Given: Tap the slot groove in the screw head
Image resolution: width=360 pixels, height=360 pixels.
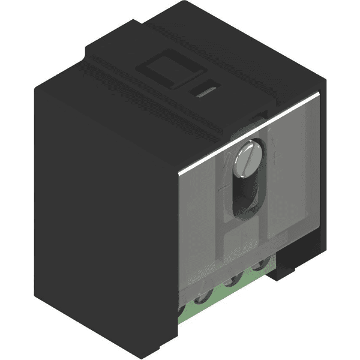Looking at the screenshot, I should click(x=247, y=157).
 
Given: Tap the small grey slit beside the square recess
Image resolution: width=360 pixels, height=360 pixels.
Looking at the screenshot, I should click(x=204, y=92).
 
